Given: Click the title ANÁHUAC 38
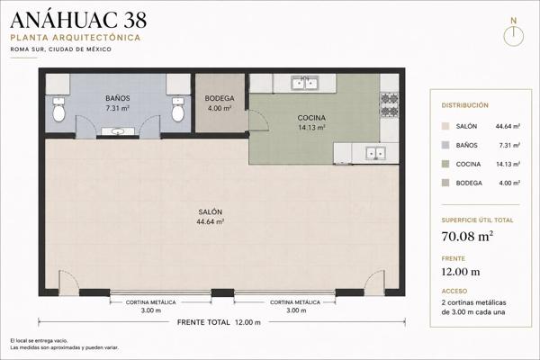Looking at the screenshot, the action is (x=78, y=20).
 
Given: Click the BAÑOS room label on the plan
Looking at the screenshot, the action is (x=118, y=98).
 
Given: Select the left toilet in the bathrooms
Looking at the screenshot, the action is (x=58, y=109).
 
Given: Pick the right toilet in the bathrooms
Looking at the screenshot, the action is (x=177, y=109).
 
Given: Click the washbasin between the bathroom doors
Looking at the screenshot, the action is (x=118, y=131).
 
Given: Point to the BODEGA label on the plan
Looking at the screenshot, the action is (x=220, y=98).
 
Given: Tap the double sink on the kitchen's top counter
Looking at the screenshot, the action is (x=305, y=83).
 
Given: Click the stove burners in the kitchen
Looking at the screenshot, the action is (x=390, y=104).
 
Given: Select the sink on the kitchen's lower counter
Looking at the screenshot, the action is (x=375, y=153).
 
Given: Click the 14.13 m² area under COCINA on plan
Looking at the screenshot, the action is (x=311, y=128).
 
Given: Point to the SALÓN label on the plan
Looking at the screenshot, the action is (x=210, y=211).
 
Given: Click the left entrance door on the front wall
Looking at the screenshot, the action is (x=68, y=283).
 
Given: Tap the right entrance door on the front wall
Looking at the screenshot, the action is (x=374, y=283).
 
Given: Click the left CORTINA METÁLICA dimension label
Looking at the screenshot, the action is (x=151, y=302).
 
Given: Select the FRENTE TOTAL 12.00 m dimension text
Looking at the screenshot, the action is (x=219, y=322).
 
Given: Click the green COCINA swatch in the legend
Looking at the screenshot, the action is (x=445, y=164).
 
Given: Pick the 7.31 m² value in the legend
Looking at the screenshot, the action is (x=509, y=146).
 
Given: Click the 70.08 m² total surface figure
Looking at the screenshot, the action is (x=467, y=237).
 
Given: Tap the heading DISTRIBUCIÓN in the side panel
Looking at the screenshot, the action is (x=465, y=105).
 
